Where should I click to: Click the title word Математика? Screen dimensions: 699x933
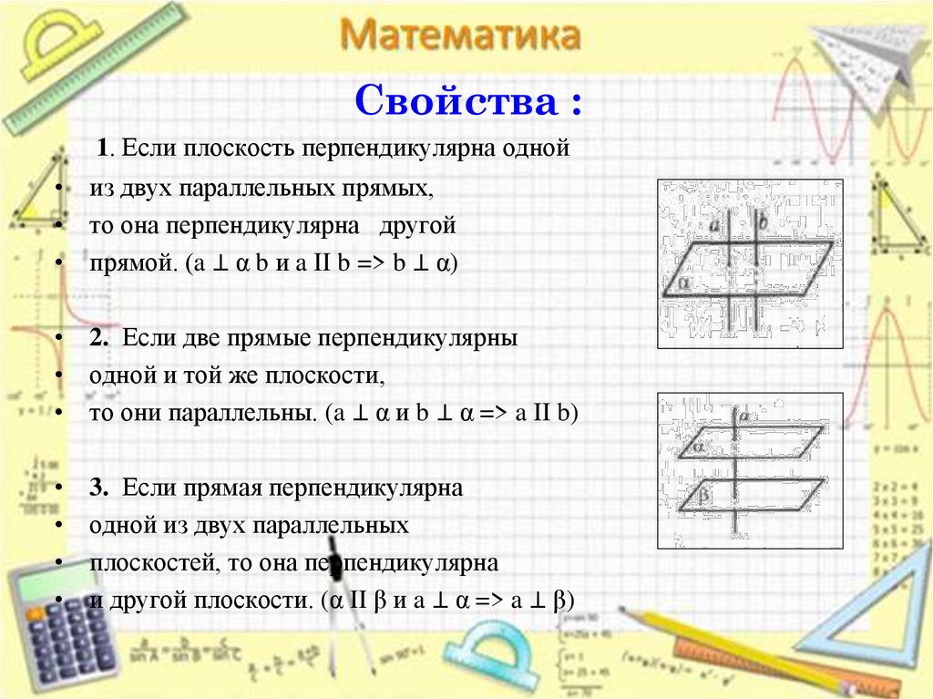pyautogui.click(x=461, y=37)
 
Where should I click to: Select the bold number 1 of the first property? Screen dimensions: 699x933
pyautogui.click(x=104, y=148)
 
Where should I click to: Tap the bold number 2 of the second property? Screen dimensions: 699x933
pyautogui.click(x=98, y=337)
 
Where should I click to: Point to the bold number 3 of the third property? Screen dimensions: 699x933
pyautogui.click(x=98, y=488)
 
